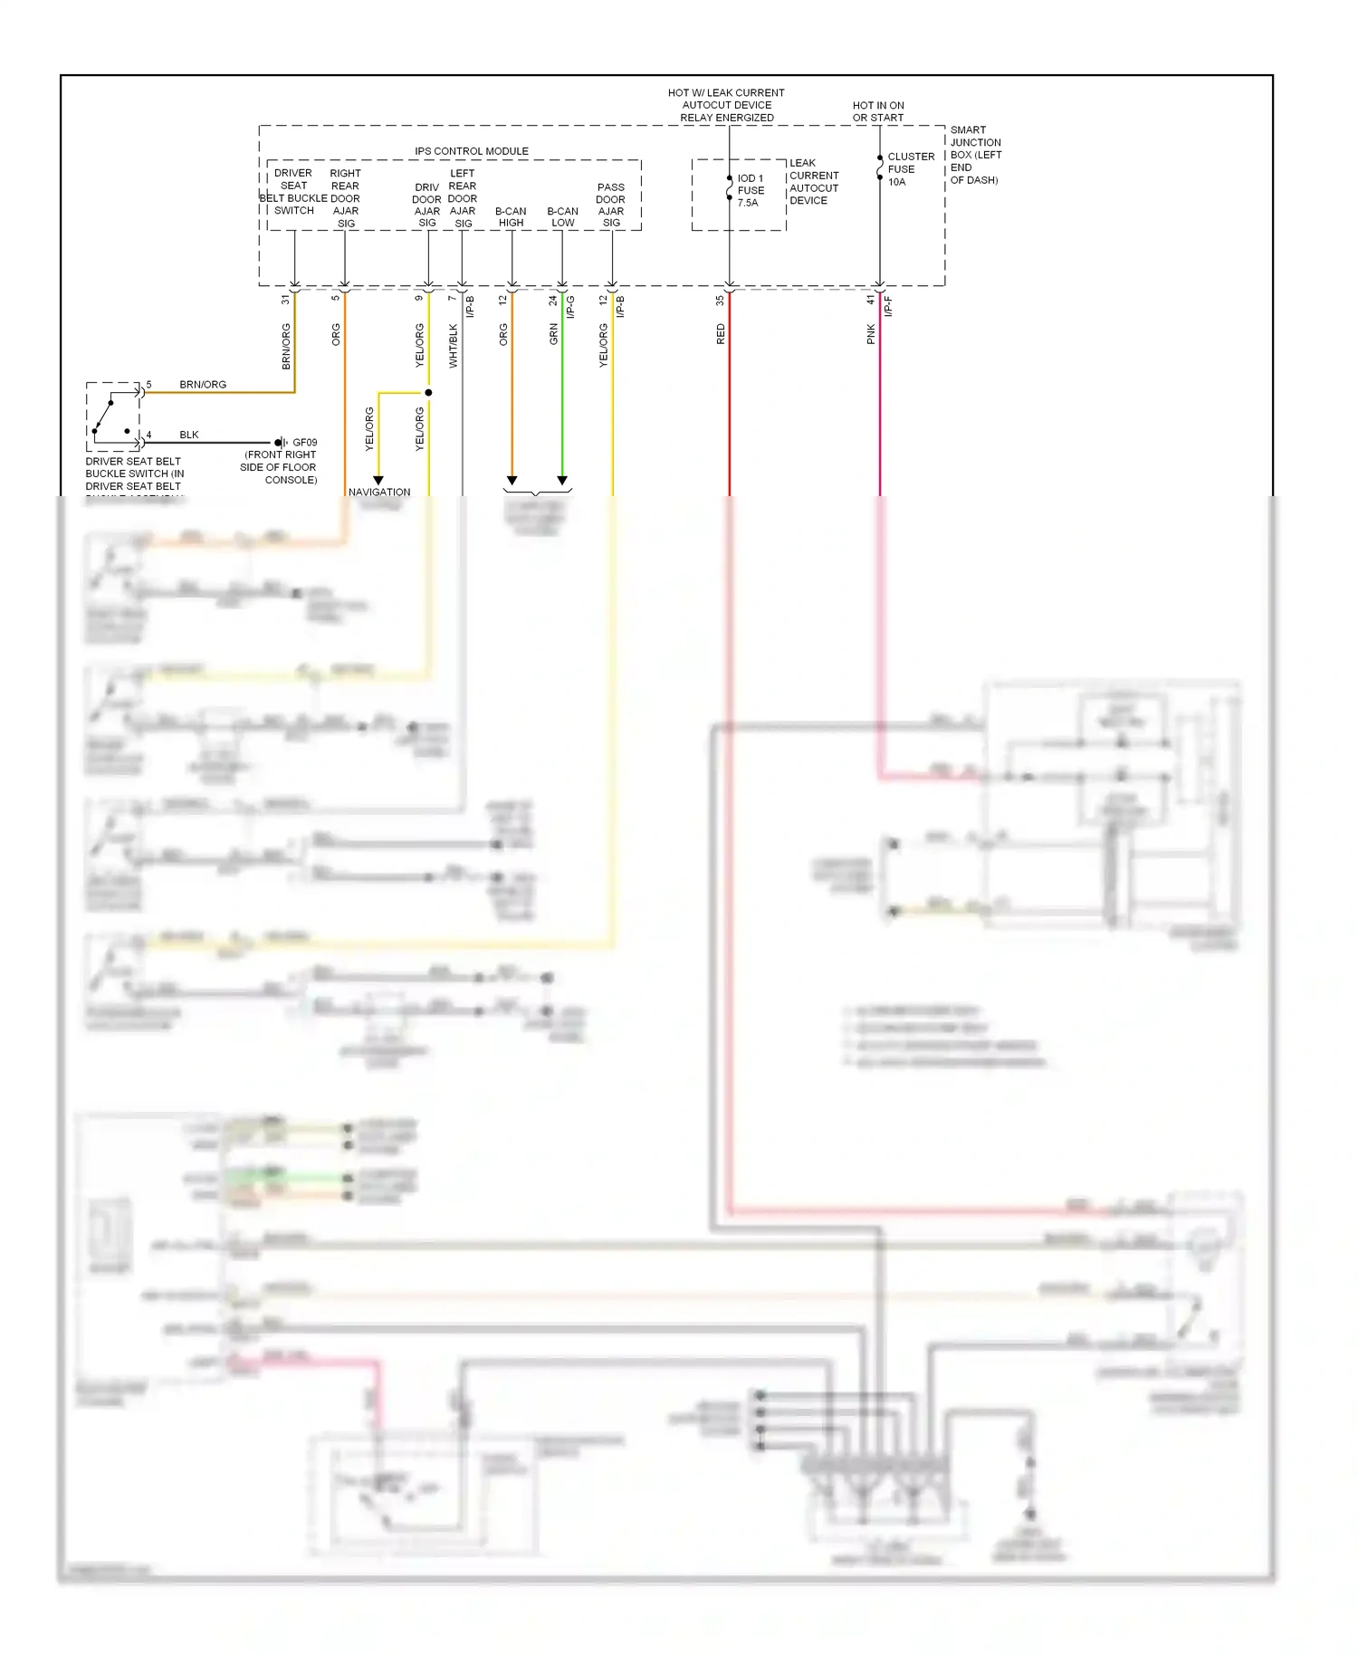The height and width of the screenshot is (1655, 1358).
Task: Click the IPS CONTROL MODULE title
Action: (x=471, y=151)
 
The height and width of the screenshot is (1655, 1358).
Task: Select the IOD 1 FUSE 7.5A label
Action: (x=751, y=190)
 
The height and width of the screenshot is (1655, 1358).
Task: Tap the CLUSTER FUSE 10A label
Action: (x=910, y=169)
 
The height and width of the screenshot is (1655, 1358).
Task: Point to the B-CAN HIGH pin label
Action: (x=511, y=216)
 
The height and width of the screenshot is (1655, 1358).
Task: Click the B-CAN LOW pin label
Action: (x=562, y=216)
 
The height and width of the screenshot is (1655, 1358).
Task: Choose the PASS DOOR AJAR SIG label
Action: (x=610, y=205)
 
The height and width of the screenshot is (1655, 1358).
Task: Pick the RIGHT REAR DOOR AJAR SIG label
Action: (x=345, y=198)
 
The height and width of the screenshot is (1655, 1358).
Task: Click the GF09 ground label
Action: (x=305, y=443)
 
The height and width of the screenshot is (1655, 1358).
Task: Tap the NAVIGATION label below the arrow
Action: (x=379, y=493)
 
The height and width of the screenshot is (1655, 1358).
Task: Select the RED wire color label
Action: (x=721, y=334)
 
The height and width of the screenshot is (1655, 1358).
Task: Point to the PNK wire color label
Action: (x=871, y=334)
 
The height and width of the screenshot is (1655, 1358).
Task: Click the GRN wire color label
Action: (x=553, y=334)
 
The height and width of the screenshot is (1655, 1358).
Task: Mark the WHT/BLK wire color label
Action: (x=453, y=346)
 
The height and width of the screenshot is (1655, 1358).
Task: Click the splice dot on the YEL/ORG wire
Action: (x=428, y=393)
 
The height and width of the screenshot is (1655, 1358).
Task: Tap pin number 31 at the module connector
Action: (x=285, y=299)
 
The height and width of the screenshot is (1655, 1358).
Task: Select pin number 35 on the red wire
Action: (x=720, y=300)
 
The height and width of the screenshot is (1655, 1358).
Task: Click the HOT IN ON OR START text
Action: (x=877, y=111)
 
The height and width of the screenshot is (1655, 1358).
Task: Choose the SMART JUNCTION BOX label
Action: (x=975, y=155)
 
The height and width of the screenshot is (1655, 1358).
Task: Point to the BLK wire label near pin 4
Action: (x=188, y=435)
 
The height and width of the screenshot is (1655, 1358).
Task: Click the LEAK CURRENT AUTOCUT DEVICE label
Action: (x=813, y=182)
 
